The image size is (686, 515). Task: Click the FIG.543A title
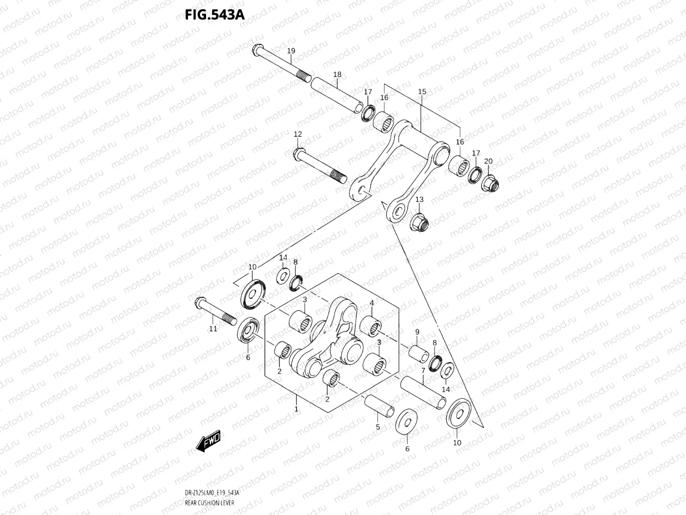pos(215,15)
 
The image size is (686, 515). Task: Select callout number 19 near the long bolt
pos(291,51)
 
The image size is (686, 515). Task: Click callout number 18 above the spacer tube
pos(337,74)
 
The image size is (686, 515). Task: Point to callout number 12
pos(298,134)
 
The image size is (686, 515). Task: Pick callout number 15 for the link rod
pos(422,92)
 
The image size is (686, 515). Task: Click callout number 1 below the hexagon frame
pos(297,409)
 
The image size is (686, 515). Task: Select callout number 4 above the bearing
pos(372,303)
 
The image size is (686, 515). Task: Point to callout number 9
pos(417,332)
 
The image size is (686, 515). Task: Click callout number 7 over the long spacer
pos(423,371)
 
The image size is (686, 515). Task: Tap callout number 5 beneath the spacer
pos(378,427)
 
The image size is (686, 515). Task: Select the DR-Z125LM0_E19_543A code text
pos(212,493)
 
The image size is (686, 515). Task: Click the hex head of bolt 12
pos(298,152)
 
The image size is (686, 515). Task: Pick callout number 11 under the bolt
pos(213,328)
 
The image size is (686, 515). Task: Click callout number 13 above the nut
pos(419,199)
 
